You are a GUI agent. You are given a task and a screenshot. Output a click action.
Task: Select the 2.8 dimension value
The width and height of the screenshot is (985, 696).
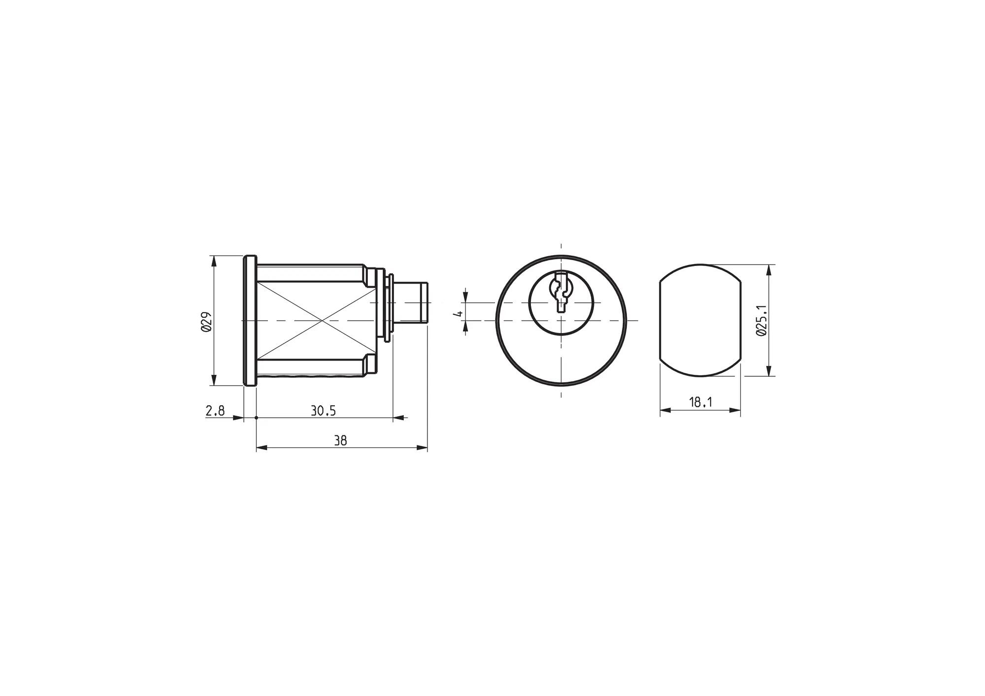(x=215, y=410)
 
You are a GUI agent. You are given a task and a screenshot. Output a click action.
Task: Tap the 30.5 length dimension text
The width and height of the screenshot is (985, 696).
(x=323, y=410)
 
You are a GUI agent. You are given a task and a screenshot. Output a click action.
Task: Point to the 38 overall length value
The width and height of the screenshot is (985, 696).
(x=340, y=440)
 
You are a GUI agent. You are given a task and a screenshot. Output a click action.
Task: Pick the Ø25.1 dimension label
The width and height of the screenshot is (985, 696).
(x=761, y=320)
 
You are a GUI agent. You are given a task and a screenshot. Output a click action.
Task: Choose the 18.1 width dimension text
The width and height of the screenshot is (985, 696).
(x=700, y=402)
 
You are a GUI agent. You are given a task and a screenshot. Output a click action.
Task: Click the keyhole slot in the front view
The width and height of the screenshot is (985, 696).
(x=561, y=291)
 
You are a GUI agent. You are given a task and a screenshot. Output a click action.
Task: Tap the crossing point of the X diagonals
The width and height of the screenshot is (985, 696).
(x=323, y=321)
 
